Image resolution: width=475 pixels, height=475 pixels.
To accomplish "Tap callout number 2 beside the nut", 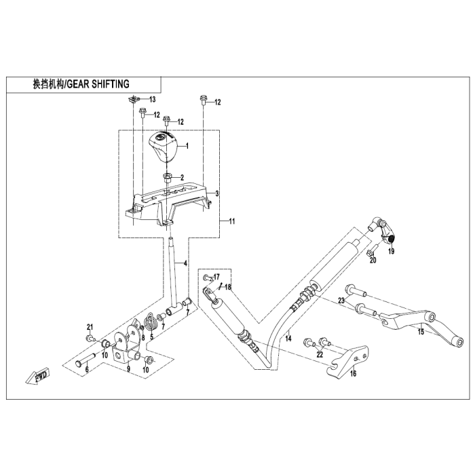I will pos(181,178).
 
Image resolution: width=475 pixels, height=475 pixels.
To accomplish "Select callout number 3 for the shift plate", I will pos(217,194).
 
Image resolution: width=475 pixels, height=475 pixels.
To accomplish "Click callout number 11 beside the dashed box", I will pos(232,221).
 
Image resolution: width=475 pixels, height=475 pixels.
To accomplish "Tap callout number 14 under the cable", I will pos(288,337).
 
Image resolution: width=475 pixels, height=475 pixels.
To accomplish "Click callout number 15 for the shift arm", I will pos(420,332).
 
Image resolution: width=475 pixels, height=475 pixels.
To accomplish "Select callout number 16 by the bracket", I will pos(352,373).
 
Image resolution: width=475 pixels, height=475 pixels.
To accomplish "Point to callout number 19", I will pos(391,251).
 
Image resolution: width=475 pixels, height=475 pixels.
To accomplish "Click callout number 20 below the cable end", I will pos(372,260).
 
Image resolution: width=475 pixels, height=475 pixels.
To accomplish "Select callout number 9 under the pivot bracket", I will pos(128,370).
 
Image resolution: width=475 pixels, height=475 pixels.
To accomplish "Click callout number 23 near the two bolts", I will pos(342,301).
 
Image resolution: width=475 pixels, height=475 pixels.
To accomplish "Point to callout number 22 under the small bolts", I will pos(319,354).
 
